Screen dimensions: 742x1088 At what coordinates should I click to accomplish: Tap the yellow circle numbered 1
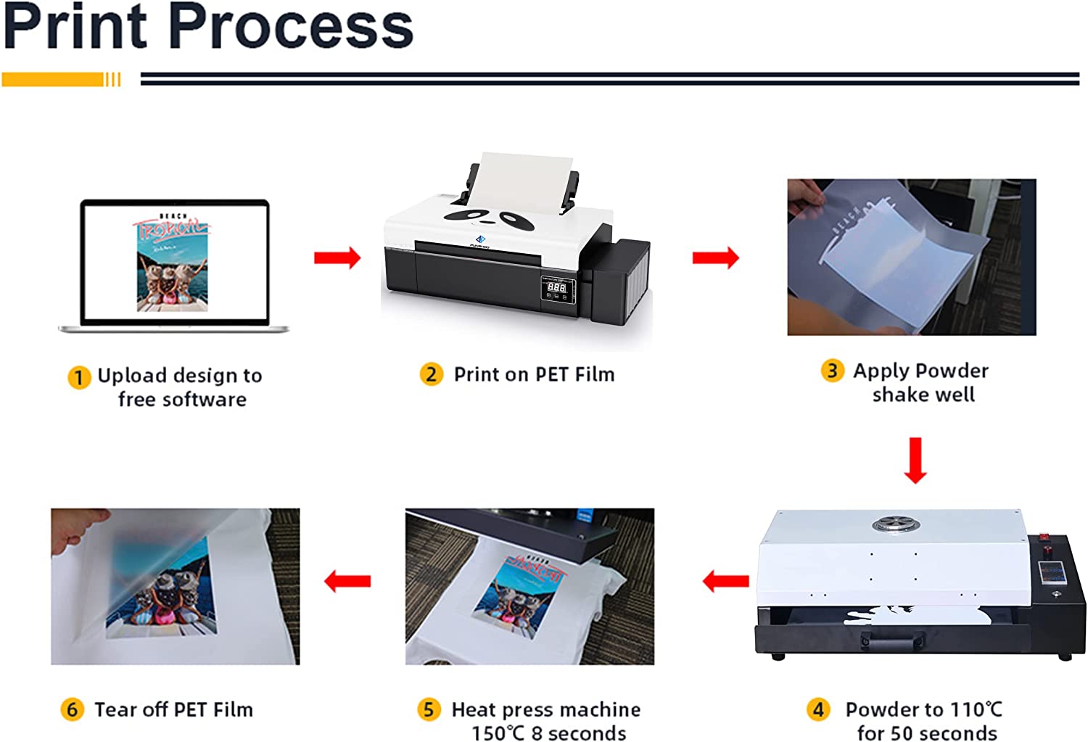click(79, 378)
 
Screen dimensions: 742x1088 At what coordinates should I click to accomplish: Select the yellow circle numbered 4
click(819, 709)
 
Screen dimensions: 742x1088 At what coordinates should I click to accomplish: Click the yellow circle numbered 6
click(72, 709)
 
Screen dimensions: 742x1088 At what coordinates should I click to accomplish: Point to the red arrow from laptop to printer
click(337, 257)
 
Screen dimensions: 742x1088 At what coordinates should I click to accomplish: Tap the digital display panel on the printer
click(557, 288)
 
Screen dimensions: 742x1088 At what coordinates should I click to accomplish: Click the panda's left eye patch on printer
click(462, 215)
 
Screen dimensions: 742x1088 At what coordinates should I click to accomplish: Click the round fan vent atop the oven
click(892, 524)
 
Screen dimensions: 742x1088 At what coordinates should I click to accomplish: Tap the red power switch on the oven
click(1044, 538)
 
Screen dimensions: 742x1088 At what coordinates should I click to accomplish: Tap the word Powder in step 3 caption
click(952, 371)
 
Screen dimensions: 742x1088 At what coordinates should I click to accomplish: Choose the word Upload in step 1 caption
click(132, 376)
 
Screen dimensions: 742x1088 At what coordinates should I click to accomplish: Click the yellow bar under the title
click(54, 79)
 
